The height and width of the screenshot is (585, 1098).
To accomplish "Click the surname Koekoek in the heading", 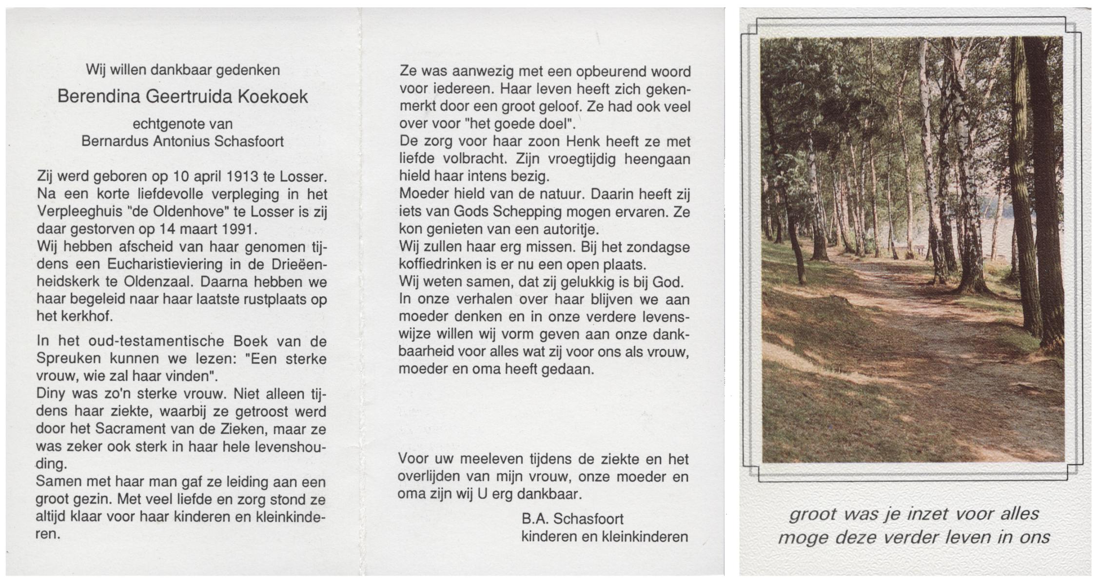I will click(273, 97).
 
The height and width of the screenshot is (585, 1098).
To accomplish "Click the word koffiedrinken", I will click(438, 265).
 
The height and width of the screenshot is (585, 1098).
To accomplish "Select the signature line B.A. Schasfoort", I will click(572, 519).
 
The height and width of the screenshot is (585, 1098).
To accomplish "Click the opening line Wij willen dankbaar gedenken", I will click(183, 70).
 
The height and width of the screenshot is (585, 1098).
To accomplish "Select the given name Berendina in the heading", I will click(98, 97).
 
